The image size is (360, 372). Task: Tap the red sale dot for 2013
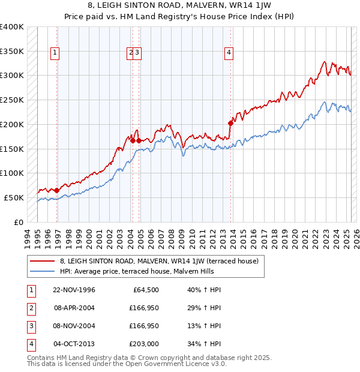[230, 123]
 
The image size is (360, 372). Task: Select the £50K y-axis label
[14, 197]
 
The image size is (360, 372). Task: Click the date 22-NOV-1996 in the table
[74, 290]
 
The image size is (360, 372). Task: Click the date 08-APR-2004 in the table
[74, 308]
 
